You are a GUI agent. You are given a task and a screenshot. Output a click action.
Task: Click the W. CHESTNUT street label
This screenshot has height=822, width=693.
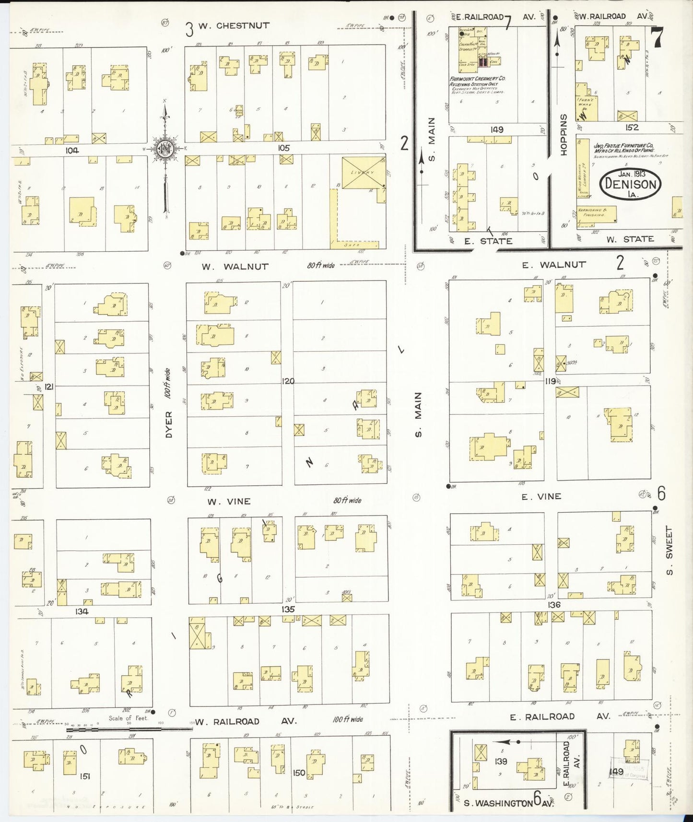click(234, 26)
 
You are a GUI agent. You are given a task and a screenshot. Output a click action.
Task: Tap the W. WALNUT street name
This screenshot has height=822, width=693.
click(235, 267)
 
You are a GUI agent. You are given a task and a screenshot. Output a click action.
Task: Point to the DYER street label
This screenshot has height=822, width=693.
click(168, 424)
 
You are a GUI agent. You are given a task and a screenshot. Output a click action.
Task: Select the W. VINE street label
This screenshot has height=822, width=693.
click(229, 502)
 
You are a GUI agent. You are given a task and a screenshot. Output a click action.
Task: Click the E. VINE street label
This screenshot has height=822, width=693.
click(541, 497)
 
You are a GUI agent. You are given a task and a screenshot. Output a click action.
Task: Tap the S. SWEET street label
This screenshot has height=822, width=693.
click(670, 551)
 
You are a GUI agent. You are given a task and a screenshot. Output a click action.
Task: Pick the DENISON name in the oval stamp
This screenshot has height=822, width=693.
click(630, 184)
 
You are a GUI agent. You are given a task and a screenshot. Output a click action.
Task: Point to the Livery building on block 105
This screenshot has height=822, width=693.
click(363, 173)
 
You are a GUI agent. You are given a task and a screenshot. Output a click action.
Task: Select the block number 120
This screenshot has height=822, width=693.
click(288, 381)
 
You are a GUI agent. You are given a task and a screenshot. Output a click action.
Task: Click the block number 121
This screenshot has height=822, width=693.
click(48, 387)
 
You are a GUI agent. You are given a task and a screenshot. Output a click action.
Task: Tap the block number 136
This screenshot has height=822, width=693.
click(554, 605)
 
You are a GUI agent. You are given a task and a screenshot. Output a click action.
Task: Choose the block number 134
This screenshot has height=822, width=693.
click(82, 611)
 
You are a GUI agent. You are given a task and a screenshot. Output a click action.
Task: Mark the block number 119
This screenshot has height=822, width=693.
click(550, 381)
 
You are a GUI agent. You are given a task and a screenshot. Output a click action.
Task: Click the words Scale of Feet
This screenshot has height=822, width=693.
click(128, 718)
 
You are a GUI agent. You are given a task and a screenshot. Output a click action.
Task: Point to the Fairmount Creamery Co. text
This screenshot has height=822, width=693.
click(477, 79)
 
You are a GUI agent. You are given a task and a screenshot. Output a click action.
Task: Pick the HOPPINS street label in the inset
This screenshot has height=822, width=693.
click(564, 134)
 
